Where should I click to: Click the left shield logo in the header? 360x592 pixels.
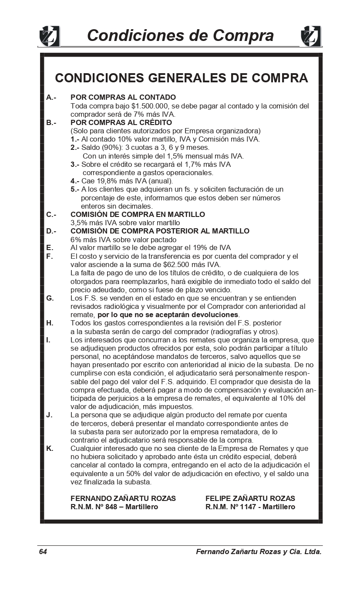point(49,36)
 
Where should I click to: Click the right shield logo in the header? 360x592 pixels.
point(311,36)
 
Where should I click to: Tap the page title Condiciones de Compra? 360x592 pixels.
point(180,35)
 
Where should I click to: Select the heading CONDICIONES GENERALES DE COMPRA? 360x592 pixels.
point(181,78)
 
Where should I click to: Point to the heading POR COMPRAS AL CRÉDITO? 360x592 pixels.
point(121,122)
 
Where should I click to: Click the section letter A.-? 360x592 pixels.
point(51,97)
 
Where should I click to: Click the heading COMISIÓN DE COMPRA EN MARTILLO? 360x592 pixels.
point(138,214)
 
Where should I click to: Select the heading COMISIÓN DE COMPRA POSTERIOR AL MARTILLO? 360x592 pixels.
point(160,231)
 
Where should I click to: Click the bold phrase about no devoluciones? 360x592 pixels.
point(168,315)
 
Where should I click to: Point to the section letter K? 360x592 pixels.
point(50,448)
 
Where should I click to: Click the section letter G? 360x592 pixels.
point(50,298)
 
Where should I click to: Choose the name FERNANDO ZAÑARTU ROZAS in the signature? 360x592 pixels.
point(123,498)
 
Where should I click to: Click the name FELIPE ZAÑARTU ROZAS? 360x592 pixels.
point(250,498)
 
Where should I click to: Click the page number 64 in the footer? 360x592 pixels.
point(43,552)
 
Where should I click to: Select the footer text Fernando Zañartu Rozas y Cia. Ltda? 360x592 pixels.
point(259,552)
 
